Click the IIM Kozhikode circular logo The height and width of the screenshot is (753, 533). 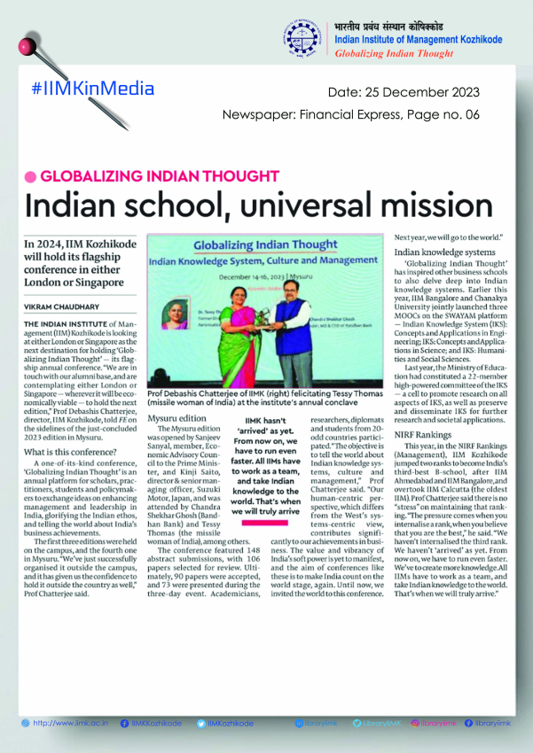coord(305,38)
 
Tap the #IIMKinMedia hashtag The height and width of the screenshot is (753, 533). coord(92,89)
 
